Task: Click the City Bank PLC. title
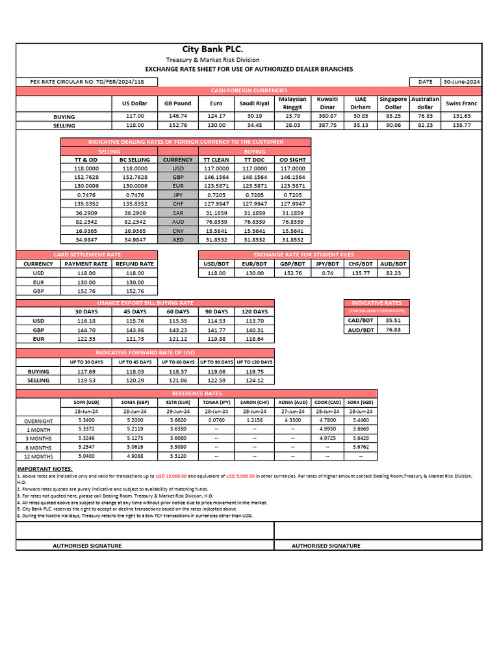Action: [x=212, y=50]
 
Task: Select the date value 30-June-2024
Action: [x=461, y=81]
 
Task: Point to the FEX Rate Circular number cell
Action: [x=87, y=81]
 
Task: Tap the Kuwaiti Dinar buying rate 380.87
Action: [x=327, y=116]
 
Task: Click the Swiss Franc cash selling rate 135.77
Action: [x=461, y=125]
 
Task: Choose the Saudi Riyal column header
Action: [x=254, y=103]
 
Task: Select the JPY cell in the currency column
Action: [x=177, y=194]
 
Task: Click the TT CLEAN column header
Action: [x=216, y=159]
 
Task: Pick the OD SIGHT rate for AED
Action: [x=292, y=239]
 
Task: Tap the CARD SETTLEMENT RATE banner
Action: [x=86, y=254]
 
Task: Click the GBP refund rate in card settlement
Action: [x=134, y=291]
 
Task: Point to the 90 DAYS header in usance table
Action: [x=216, y=312]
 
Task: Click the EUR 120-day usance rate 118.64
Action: [x=254, y=338]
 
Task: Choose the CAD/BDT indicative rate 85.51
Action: [x=393, y=320]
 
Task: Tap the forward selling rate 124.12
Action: [x=254, y=380]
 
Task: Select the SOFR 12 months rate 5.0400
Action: [x=86, y=456]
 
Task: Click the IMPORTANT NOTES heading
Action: [x=45, y=468]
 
